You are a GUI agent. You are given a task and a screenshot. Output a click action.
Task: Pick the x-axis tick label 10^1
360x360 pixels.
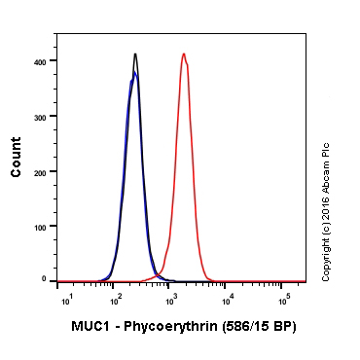(x=65, y=297)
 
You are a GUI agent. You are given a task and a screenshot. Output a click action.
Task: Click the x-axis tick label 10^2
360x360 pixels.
(x=116, y=297)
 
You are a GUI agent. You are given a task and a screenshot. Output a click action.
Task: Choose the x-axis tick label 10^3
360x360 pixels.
(x=173, y=297)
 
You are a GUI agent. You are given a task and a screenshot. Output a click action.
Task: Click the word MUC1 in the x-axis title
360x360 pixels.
(x=90, y=326)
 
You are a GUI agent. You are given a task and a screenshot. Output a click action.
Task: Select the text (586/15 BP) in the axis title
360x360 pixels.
(x=256, y=326)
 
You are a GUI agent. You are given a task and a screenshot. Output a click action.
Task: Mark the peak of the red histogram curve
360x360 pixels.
(x=183, y=54)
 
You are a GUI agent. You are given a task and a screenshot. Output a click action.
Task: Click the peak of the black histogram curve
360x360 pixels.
(x=135, y=54)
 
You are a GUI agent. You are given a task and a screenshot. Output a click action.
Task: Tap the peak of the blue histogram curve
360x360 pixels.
(x=134, y=72)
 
